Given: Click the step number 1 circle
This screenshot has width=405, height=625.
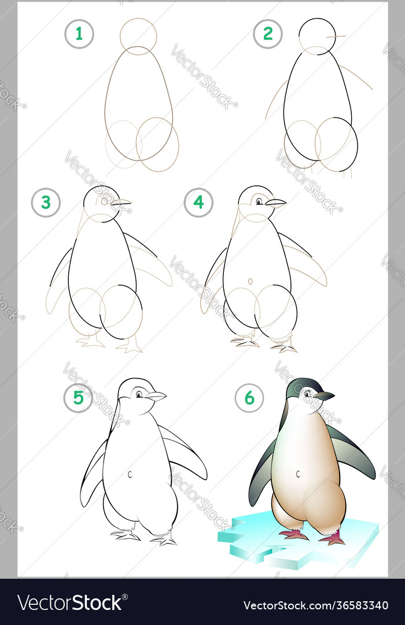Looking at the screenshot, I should (79, 34).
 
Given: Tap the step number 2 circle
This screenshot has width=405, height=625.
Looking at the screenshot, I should (267, 34).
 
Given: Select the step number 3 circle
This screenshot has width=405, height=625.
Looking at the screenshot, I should (46, 203).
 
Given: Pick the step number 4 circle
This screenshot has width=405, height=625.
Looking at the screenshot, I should (198, 203).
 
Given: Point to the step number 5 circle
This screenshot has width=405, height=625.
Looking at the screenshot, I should (78, 398).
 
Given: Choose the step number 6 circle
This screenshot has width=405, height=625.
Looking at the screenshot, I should (249, 398).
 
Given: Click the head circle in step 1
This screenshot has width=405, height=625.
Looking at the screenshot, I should (138, 36).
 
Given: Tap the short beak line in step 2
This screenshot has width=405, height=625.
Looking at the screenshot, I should (336, 36).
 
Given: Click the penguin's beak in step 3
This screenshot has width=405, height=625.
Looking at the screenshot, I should (121, 203).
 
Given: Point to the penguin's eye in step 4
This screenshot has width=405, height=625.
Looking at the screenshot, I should (259, 201).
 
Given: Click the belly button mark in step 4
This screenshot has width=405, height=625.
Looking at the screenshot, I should (251, 281).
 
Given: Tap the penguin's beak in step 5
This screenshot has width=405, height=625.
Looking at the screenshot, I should (156, 396).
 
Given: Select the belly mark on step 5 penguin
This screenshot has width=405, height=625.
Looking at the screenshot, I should (130, 474).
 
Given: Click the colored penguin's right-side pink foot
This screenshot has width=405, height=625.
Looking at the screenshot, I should (334, 539).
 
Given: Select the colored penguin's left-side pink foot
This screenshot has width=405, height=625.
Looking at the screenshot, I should (294, 534).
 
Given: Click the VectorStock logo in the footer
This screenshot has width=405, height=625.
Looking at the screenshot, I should (69, 602).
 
